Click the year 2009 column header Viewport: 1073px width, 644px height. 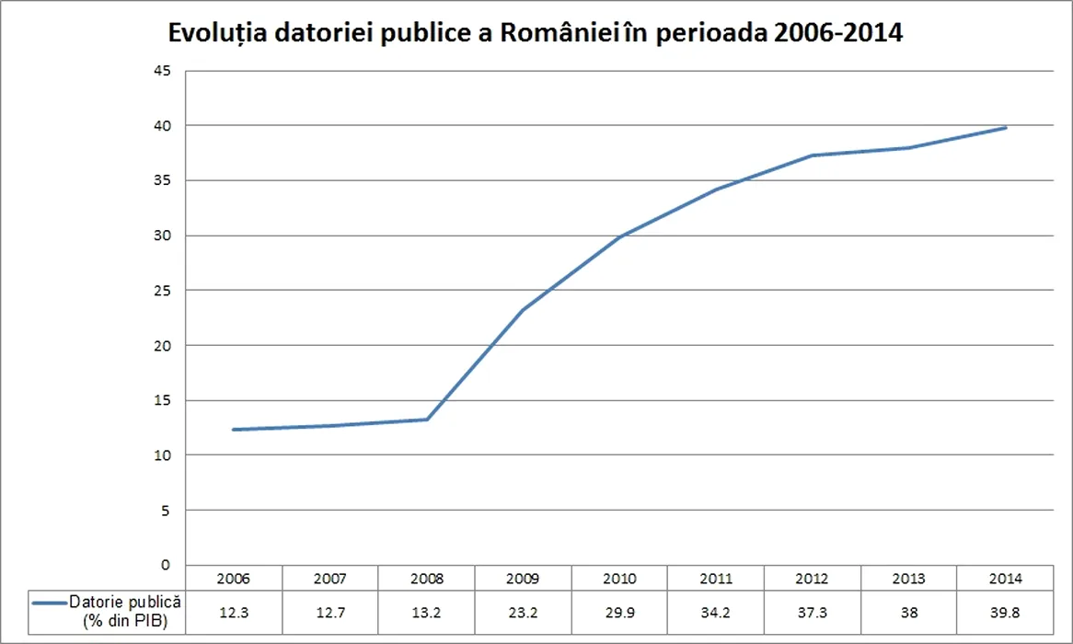523,579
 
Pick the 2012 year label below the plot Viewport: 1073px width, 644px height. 813,579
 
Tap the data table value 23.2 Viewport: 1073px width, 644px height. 523,611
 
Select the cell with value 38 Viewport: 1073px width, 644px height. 909,611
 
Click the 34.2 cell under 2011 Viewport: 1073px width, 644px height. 716,611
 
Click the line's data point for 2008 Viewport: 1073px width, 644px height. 426,420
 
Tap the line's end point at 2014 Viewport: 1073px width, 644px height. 1006,127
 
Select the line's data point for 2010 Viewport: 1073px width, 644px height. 619,236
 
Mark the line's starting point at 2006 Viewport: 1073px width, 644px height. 233,430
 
